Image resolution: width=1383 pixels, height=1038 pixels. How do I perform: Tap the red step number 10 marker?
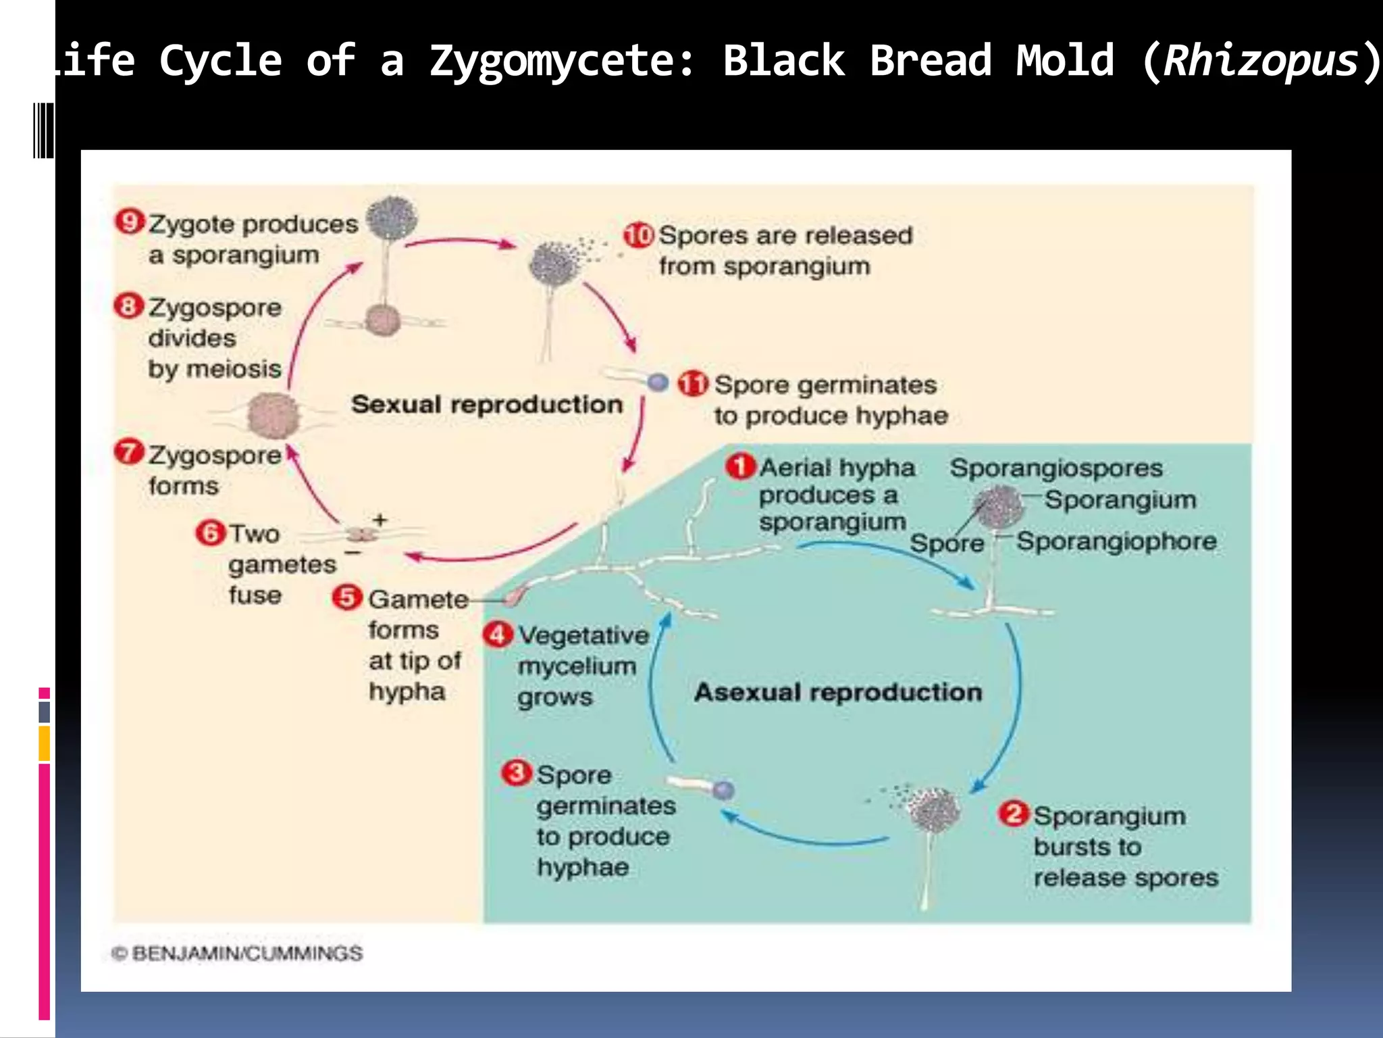638,234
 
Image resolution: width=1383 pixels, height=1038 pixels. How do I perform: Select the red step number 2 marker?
1013,814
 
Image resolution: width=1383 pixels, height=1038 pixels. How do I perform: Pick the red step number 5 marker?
347,597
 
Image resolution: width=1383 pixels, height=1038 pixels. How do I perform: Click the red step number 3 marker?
517,772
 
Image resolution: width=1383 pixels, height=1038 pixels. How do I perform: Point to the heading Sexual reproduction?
486,404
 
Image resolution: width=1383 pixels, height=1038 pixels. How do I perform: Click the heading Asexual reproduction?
838,692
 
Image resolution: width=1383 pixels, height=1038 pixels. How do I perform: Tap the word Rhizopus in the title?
1260,61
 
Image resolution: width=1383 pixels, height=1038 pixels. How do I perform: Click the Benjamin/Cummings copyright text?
237,953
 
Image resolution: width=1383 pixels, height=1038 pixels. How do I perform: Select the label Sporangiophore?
1116,541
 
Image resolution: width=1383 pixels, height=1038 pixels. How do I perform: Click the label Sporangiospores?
1056,468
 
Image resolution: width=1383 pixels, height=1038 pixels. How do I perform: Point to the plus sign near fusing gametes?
380,519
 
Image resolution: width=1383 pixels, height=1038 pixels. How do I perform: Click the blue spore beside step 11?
657,382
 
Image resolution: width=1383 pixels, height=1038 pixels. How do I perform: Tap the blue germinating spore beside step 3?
723,789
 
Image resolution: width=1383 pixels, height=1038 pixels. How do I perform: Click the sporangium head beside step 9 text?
392,218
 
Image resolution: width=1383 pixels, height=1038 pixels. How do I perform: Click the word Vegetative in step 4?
583,635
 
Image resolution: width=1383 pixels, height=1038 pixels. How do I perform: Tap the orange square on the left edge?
44,743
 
